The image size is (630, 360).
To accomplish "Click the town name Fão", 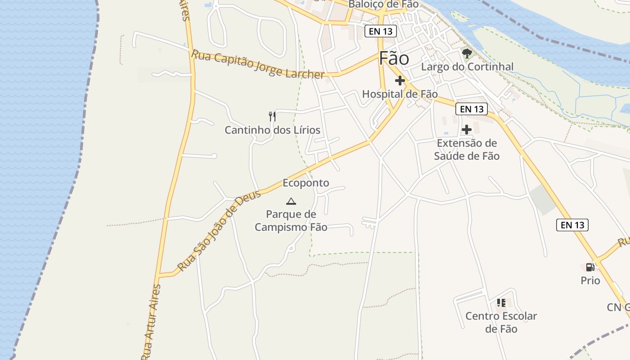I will pos(394,59).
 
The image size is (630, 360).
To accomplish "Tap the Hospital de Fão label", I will pos(400,94).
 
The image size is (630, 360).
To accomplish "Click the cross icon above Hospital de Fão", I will pos(400,81).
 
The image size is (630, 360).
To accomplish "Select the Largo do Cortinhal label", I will pos(467,67).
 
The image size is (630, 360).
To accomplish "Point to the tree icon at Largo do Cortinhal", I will pos(467,54).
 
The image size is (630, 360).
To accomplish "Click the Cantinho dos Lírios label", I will pos(272,130).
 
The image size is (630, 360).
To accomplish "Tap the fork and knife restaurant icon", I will pos(272,117).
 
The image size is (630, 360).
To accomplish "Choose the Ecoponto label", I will pos(306,183).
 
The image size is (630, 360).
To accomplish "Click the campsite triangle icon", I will pos(291,201).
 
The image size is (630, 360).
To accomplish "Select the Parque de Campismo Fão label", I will pos(291,220).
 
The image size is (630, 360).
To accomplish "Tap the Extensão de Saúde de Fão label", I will pos(467,149).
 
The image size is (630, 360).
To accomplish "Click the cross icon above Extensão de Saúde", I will pos(467,130).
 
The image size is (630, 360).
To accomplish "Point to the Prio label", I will pos(590,281).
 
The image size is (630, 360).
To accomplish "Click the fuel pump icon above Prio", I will pos(590,267).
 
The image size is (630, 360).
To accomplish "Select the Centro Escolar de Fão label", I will pos(501,322).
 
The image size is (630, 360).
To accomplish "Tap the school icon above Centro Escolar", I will pos(501,303).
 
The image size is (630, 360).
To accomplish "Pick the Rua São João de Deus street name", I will pos(219,230).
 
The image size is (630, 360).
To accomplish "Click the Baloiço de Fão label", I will pos(383,4).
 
